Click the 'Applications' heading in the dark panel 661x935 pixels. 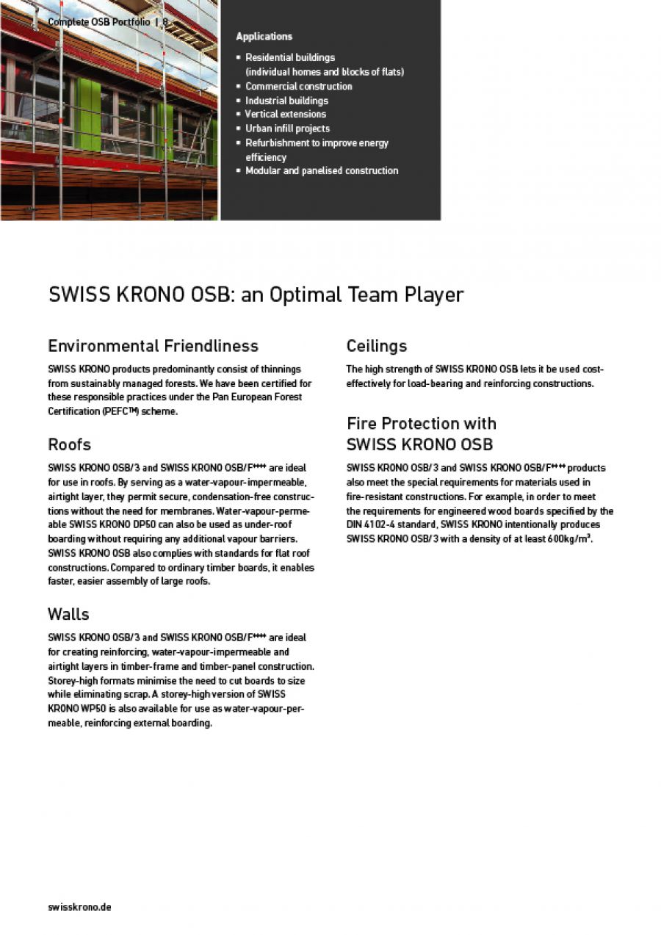[264, 37]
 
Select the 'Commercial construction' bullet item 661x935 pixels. [298, 87]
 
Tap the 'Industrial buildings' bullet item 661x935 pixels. [286, 101]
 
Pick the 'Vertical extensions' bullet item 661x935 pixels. [285, 115]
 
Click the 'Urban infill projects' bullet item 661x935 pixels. [287, 129]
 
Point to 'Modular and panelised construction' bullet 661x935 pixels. [322, 171]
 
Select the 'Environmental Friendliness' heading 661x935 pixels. [153, 345]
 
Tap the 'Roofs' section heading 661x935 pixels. [69, 444]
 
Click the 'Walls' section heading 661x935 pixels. [68, 613]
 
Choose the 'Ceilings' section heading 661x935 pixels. [376, 345]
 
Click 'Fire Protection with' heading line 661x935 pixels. [421, 423]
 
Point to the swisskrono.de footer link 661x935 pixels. [79, 907]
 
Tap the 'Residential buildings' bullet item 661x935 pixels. [289, 58]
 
